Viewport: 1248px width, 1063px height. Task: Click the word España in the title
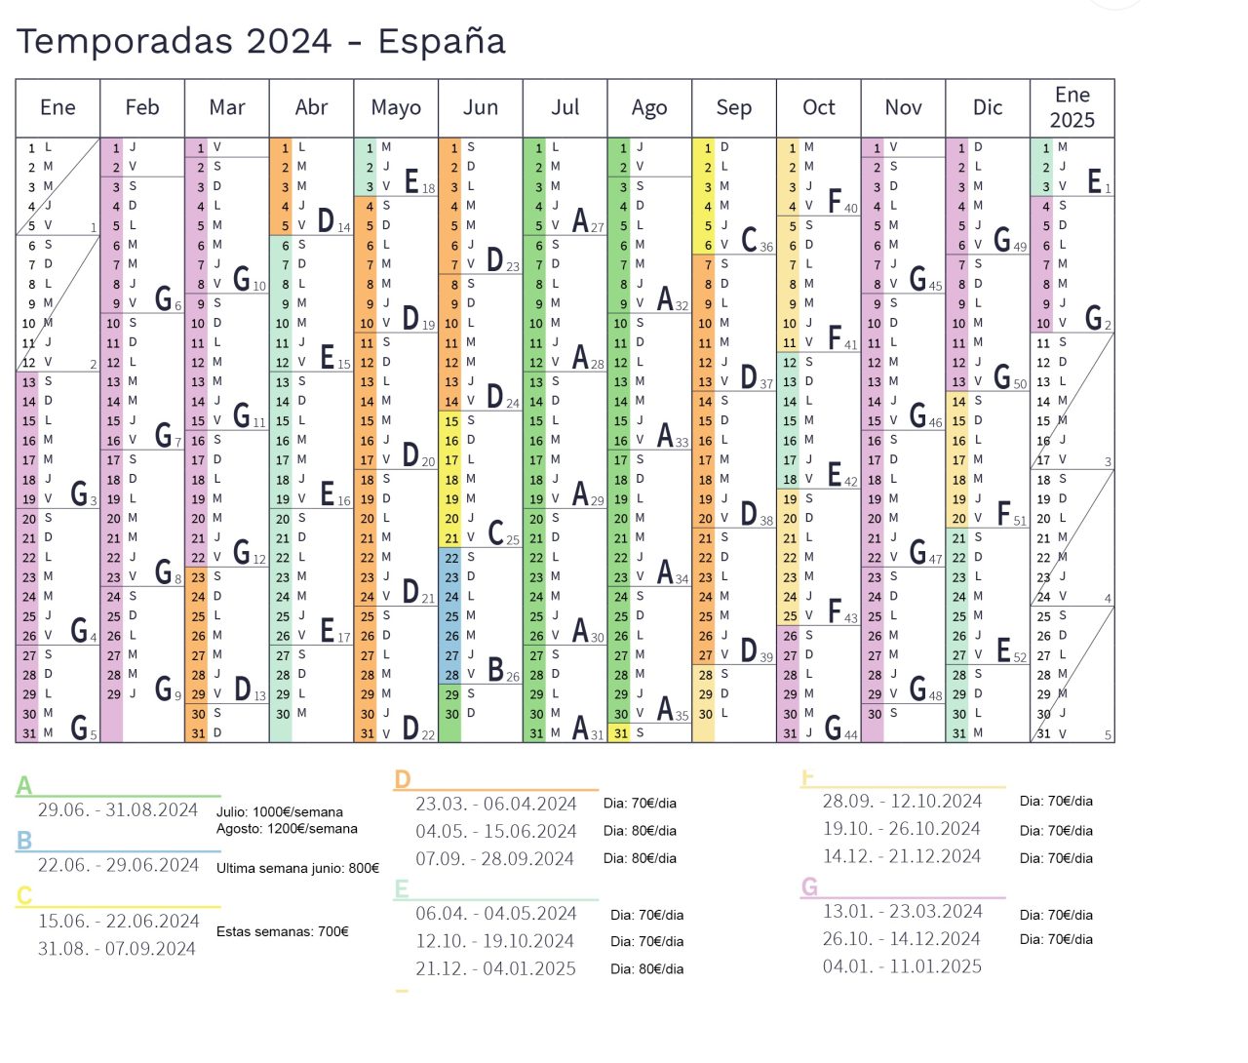pos(442,41)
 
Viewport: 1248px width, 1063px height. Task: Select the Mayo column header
pos(396,108)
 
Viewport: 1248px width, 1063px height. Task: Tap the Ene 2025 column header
pos(1072,108)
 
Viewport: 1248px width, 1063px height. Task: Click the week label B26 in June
pos(503,669)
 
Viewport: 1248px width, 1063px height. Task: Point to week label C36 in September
pos(757,239)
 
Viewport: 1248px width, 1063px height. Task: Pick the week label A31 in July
pos(588,728)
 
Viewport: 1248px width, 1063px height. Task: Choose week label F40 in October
pos(842,201)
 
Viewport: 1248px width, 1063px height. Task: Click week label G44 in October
pos(841,728)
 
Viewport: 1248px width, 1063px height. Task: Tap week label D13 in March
pos(250,689)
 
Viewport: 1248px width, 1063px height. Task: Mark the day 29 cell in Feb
pos(113,694)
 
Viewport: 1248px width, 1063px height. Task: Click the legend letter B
pos(24,840)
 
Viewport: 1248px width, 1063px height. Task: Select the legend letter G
pos(809,886)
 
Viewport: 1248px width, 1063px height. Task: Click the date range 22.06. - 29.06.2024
pos(118,865)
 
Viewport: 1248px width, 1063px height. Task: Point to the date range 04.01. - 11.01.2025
pos(902,966)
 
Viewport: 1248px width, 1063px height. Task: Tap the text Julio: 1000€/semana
pos(280,811)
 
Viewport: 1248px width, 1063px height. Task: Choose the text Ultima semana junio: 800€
pos(297,869)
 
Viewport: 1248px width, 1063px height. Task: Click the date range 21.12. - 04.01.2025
pos(495,968)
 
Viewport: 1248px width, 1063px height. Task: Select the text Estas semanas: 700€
pos(283,931)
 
